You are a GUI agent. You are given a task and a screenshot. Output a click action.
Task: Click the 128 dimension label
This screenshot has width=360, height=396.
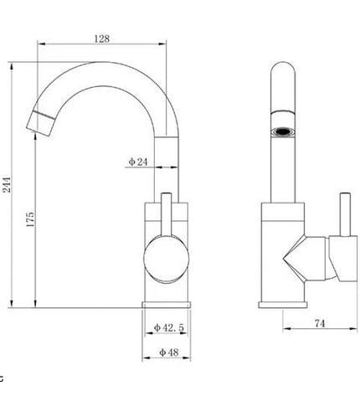pyautogui.click(x=102, y=39)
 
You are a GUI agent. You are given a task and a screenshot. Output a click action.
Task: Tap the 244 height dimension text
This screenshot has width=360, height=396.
pyautogui.click(x=7, y=184)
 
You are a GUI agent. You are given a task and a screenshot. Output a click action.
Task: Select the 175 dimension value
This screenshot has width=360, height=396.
pyautogui.click(x=30, y=219)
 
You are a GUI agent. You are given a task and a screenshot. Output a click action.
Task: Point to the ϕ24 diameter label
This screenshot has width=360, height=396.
pyautogui.click(x=138, y=162)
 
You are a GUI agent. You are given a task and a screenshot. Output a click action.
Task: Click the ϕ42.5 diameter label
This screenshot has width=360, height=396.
pyautogui.click(x=169, y=327)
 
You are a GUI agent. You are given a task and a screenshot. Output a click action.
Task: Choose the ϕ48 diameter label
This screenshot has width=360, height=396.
pyautogui.click(x=169, y=352)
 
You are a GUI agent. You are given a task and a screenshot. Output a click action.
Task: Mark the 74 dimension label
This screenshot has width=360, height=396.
pyautogui.click(x=320, y=323)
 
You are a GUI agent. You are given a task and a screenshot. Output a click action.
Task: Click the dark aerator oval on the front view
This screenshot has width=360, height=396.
pyautogui.click(x=283, y=131)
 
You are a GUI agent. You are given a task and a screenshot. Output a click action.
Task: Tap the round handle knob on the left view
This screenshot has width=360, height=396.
pyautogui.click(x=167, y=259)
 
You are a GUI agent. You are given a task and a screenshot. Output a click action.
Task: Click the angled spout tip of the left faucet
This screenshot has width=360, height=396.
pyautogui.click(x=41, y=124)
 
